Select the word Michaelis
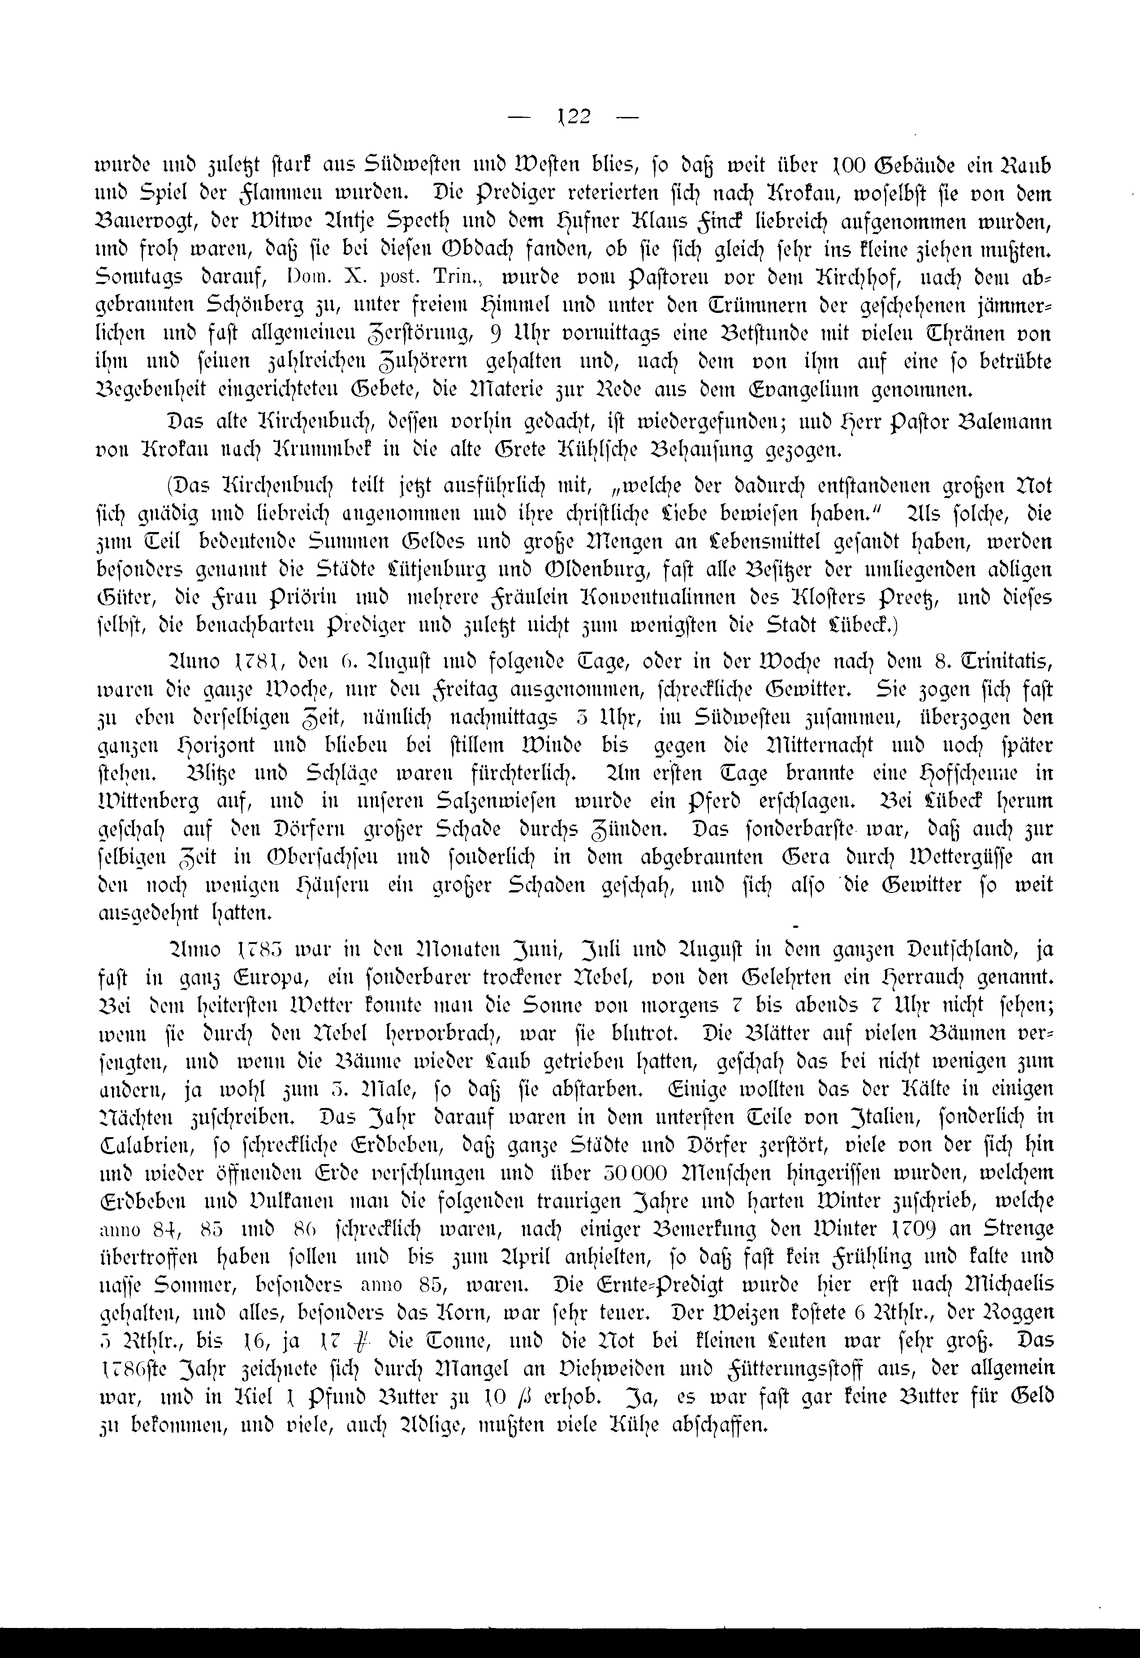click(x=1000, y=1284)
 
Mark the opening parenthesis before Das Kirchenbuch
click(x=169, y=486)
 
